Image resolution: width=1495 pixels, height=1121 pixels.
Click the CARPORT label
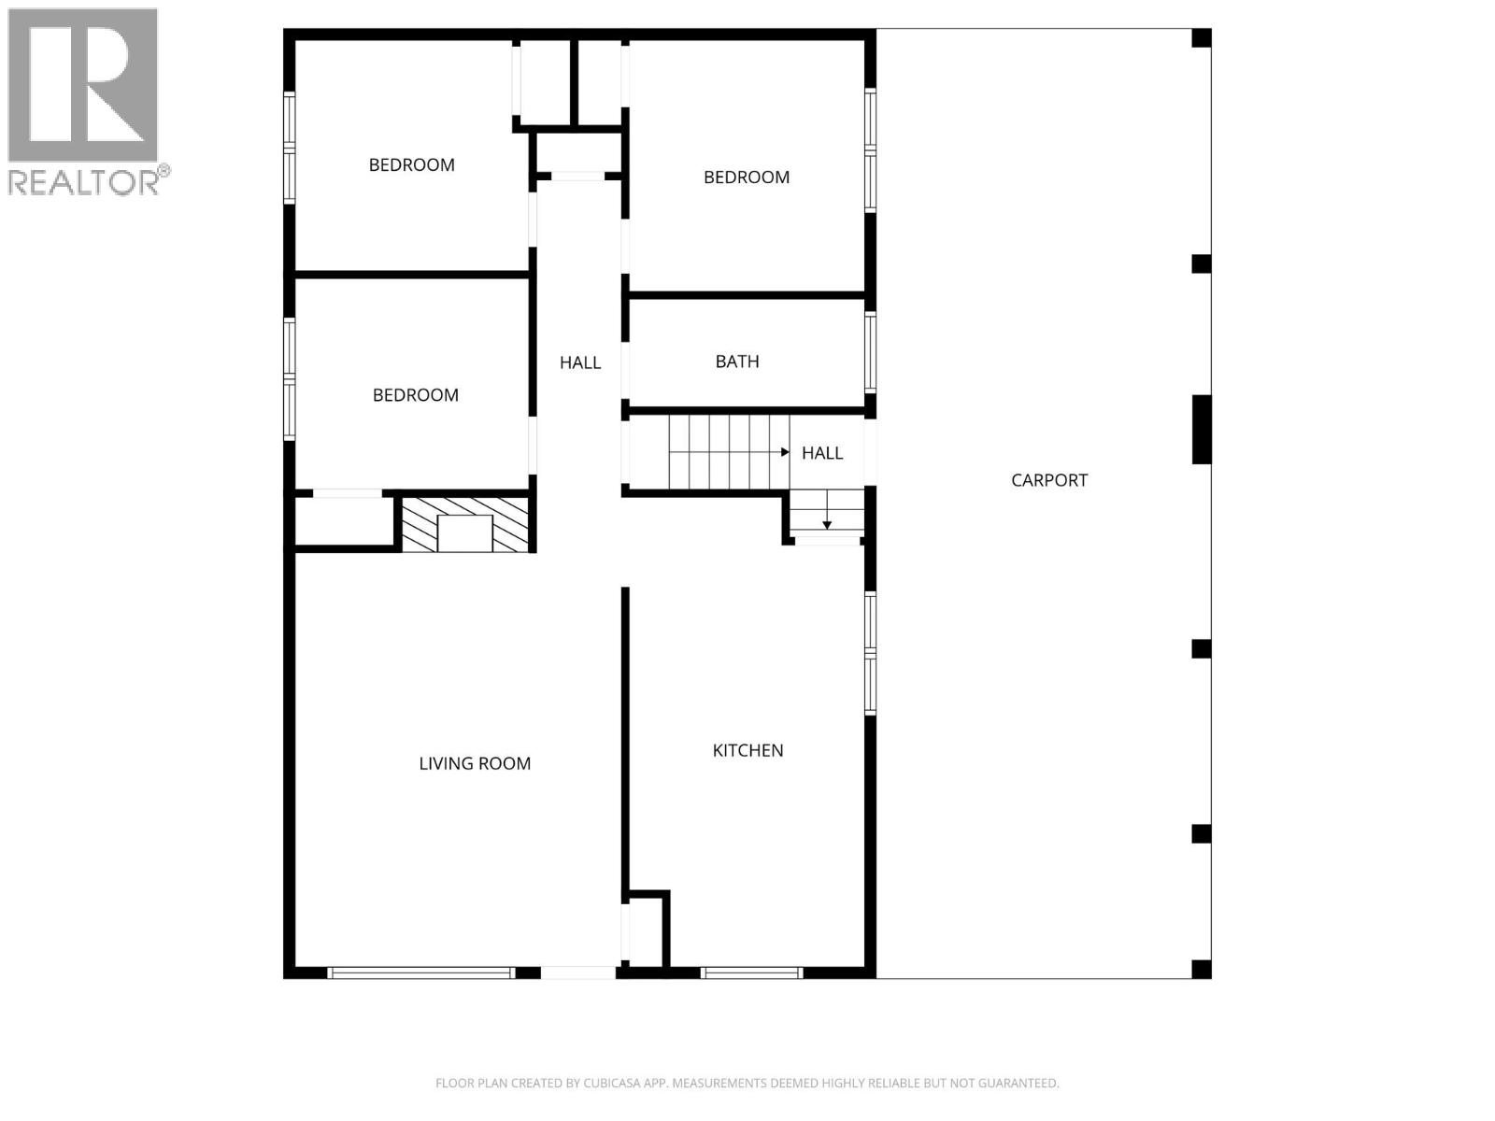coord(1049,480)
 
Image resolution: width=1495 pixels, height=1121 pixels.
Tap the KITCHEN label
coord(747,750)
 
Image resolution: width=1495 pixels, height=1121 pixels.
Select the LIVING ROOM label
coord(475,763)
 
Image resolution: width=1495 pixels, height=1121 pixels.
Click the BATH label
coord(737,362)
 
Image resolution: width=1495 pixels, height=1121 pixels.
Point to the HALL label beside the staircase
coord(822,453)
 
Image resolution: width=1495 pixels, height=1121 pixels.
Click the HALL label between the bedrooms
coord(580,362)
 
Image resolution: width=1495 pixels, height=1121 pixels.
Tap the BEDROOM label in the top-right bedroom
coord(747,177)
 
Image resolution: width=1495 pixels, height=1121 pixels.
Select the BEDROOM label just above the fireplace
coord(416,395)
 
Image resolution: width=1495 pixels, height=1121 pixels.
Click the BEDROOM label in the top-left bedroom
coord(412,165)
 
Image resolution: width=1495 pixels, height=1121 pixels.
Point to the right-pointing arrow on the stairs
coord(784,452)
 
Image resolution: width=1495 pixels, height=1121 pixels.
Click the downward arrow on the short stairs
coord(827,524)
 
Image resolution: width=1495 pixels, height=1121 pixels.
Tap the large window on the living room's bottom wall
coord(420,972)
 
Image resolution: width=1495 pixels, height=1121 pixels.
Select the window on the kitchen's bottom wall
coord(752,972)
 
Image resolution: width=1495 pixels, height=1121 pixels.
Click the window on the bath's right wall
coord(870,352)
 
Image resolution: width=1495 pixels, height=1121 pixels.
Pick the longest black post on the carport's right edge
coord(1202,430)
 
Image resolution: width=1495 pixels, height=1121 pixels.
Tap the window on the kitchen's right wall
coord(870,653)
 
